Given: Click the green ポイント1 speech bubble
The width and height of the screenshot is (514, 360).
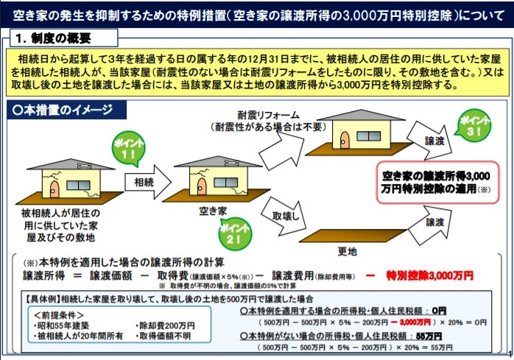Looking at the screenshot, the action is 128,149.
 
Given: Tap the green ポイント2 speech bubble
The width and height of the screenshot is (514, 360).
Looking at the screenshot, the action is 235,233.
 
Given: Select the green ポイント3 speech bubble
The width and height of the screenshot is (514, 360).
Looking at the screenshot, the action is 473,125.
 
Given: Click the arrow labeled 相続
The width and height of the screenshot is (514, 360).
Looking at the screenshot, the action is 148,182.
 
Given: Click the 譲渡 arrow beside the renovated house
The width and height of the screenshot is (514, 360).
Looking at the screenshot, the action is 430,141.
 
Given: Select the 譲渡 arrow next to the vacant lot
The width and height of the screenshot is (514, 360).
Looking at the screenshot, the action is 430,225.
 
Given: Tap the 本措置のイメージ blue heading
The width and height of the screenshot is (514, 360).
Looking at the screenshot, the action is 63,110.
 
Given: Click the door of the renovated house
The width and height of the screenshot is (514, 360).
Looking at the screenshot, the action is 344,141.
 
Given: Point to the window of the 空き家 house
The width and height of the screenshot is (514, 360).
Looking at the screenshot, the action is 226,183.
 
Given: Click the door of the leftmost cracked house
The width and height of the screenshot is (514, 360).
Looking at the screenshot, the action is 54,189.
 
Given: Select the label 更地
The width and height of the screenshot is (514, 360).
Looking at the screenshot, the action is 347,252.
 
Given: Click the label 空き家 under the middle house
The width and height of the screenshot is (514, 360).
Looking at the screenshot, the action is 213,211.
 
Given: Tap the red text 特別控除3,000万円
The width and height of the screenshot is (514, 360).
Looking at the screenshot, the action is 430,276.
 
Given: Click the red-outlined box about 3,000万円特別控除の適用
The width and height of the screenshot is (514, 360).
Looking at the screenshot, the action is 437,183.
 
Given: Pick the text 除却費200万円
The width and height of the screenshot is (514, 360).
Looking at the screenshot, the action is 164,325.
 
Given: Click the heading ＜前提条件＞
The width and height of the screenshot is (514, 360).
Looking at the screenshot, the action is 59,315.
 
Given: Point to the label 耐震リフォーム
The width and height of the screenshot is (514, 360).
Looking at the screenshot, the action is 269,115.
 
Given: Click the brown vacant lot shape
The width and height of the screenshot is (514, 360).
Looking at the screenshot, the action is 353,236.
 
